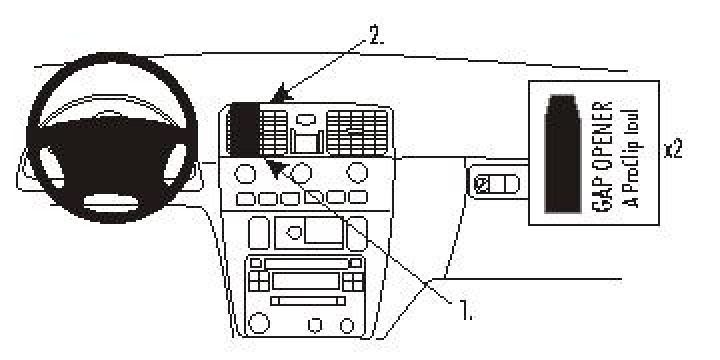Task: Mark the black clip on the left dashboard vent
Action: pyautogui.click(x=244, y=130)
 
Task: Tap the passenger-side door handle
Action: pyautogui.click(x=497, y=184)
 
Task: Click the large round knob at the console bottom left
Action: pyautogui.click(x=259, y=323)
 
